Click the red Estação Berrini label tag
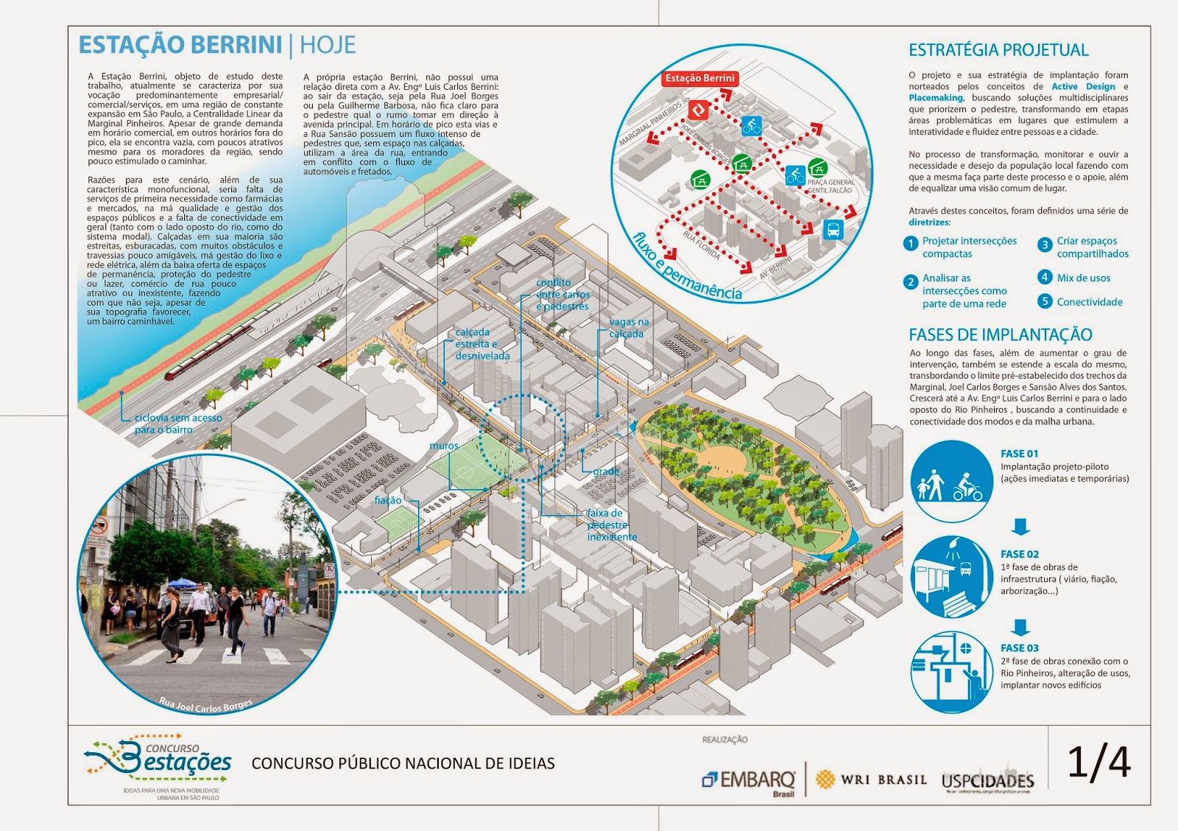(x=699, y=78)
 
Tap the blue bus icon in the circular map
(x=833, y=229)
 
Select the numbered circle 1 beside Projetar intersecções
(x=911, y=243)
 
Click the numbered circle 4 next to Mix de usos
(x=1045, y=277)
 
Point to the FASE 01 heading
(x=1019, y=454)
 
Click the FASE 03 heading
(x=1019, y=648)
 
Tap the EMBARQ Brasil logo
(x=750, y=781)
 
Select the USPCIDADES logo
(x=987, y=781)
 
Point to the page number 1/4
(x=1098, y=762)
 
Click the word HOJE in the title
(x=328, y=46)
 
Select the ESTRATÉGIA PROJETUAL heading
(x=998, y=50)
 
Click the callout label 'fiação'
(x=388, y=500)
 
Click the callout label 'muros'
(x=444, y=446)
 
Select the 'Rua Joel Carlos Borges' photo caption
(x=205, y=706)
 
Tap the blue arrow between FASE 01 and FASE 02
(x=1020, y=526)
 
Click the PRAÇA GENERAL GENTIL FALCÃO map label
(x=830, y=186)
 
